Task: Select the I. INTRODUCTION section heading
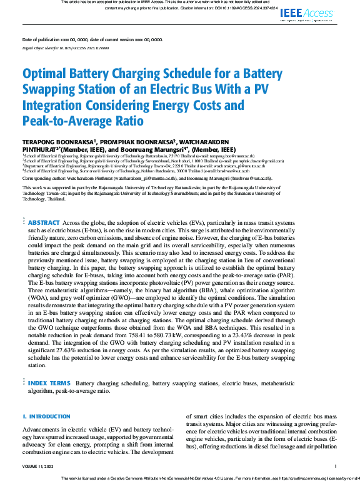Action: pyautogui.click(x=47, y=416)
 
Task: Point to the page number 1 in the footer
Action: pyautogui.click(x=336, y=466)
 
